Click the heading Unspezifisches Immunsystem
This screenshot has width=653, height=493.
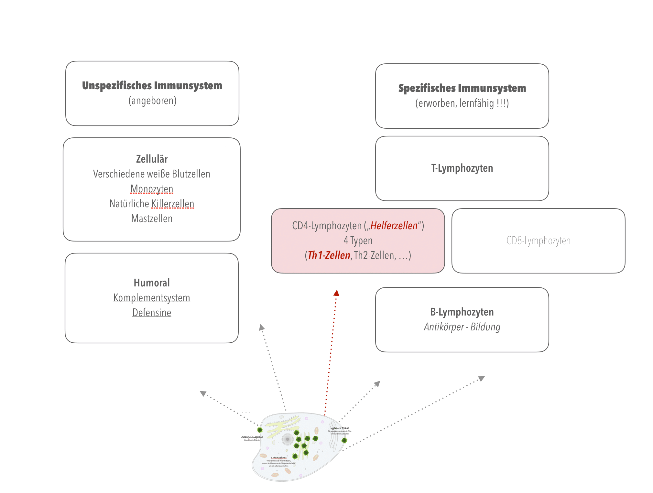coord(152,86)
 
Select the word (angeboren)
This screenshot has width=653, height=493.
coord(152,101)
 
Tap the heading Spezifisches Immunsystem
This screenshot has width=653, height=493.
coord(462,88)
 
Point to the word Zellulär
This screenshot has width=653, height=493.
coord(152,159)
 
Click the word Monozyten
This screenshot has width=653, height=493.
coord(152,189)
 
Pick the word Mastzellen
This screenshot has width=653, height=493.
coord(152,219)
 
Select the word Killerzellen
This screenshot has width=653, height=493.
coord(173,204)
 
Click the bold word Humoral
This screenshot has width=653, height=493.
coord(152,283)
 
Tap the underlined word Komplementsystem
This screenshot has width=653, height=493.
coord(152,298)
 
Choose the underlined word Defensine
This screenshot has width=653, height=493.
coord(152,313)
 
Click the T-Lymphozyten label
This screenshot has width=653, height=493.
coord(462,168)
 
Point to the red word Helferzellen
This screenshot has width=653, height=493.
coord(394,226)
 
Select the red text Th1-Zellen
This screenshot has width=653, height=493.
coord(329,255)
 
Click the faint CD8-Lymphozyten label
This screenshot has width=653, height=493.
coord(538,241)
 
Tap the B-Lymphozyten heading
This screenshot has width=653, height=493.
coord(462,312)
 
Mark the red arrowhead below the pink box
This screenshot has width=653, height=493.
coord(336,293)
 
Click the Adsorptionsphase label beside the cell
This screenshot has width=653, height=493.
coord(252,437)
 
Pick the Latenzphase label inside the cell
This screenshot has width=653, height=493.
coord(279,458)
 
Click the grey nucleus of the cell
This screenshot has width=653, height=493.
coord(287,439)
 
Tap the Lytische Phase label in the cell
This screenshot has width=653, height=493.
coord(340,428)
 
